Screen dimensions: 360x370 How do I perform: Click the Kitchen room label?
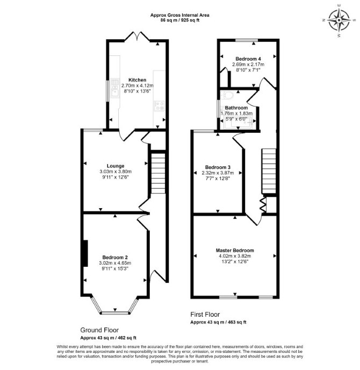click(137, 80)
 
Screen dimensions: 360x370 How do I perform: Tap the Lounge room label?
click(116, 166)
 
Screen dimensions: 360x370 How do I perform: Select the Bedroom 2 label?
click(115, 257)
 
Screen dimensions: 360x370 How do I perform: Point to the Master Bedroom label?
click(235, 250)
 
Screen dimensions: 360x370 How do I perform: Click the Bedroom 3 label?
click(218, 167)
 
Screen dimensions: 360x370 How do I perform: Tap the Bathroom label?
click(236, 108)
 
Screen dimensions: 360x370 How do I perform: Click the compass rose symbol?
click(339, 20)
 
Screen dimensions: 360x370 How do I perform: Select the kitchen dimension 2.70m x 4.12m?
click(137, 86)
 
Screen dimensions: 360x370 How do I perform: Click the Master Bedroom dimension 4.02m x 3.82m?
click(235, 256)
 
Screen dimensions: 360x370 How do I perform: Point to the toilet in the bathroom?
click(228, 95)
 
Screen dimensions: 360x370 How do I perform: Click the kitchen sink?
click(115, 88)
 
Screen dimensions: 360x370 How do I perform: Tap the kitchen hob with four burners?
click(160, 105)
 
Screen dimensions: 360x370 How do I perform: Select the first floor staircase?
click(269, 171)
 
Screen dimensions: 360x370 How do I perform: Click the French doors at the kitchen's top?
click(137, 36)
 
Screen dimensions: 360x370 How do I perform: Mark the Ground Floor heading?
click(99, 330)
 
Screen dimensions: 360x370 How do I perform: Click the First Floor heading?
click(205, 314)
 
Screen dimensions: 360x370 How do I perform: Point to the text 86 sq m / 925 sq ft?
click(180, 20)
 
